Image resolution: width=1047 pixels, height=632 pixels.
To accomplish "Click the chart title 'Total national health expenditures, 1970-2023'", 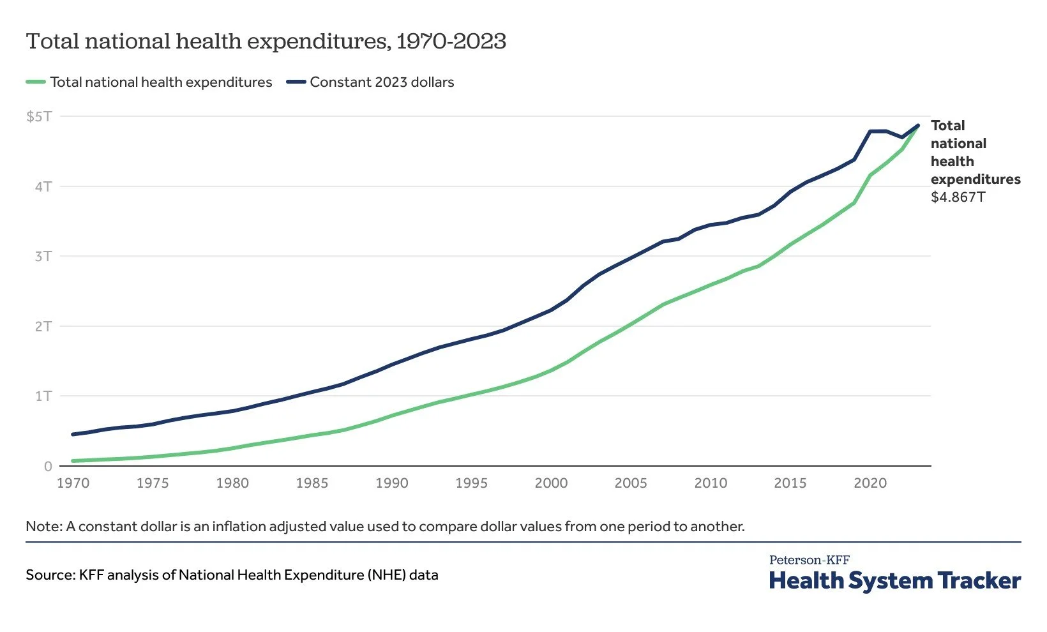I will (266, 41).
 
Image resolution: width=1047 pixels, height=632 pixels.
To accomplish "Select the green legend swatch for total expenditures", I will (36, 82).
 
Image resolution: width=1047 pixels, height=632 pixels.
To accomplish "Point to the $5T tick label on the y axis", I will (38, 116).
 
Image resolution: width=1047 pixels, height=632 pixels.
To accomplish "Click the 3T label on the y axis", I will (43, 256).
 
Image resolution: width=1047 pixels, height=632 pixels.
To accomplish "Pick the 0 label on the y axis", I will (48, 467).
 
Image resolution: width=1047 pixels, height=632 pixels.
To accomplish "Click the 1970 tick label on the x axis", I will (73, 483).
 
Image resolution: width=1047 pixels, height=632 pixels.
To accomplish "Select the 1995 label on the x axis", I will (471, 483).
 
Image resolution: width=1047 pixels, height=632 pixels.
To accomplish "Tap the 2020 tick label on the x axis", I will (870, 483).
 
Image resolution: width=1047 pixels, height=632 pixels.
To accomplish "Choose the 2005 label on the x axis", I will (631, 483).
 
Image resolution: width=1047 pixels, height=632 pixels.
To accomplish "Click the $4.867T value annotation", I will (958, 197).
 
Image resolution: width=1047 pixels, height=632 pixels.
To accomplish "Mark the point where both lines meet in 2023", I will (918, 125).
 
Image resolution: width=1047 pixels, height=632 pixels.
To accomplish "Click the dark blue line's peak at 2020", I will (870, 132).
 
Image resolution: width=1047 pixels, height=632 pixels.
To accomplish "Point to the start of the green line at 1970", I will (73, 461).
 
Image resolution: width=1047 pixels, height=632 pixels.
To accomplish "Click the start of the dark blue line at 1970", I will (73, 434).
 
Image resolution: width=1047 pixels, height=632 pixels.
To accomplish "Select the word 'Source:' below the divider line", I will (50, 575).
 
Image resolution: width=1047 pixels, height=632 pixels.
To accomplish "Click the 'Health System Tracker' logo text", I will (895, 581).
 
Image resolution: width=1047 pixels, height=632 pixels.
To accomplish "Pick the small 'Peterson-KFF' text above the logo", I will (809, 560).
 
